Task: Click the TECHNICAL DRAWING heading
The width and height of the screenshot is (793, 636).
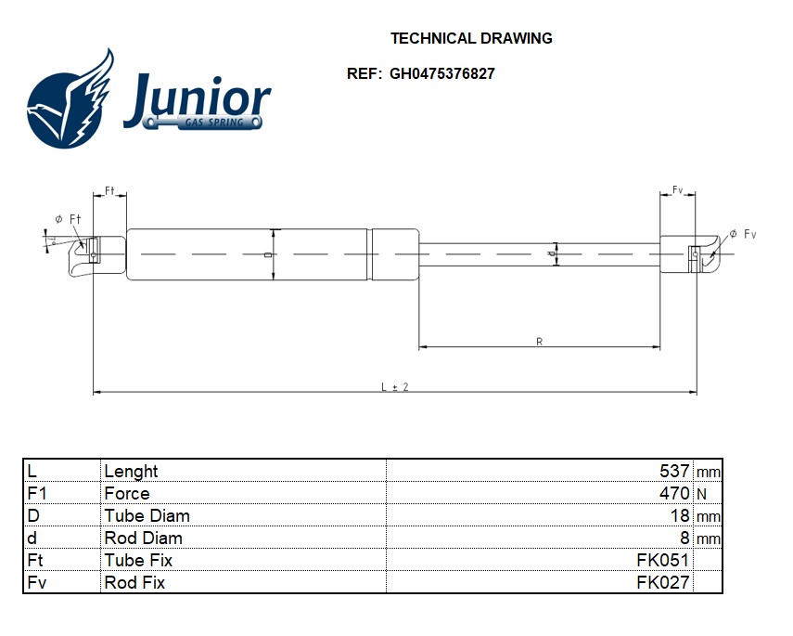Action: (x=471, y=39)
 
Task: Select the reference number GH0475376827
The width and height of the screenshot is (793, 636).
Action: (x=441, y=74)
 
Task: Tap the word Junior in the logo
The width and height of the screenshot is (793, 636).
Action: (x=198, y=97)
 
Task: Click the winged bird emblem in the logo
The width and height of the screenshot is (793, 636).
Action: (x=70, y=100)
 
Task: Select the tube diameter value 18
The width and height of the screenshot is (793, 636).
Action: (x=680, y=515)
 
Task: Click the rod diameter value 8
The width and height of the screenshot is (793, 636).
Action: (x=684, y=538)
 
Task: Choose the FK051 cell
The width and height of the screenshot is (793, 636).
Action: (x=662, y=560)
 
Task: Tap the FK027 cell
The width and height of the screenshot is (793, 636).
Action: (x=662, y=582)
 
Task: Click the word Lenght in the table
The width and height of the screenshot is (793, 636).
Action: (x=131, y=471)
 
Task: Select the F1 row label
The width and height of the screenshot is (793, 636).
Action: (x=37, y=493)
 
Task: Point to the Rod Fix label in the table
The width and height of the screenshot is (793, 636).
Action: (x=134, y=582)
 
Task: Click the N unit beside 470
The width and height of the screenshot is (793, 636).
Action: (x=700, y=494)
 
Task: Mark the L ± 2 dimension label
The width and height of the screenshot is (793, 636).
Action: (x=395, y=386)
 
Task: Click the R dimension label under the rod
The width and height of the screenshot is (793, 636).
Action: (x=540, y=342)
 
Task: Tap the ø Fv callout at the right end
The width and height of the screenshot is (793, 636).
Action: (x=743, y=234)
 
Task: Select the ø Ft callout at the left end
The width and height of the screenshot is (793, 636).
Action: (x=68, y=218)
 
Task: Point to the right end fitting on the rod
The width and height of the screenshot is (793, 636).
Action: (x=691, y=253)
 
